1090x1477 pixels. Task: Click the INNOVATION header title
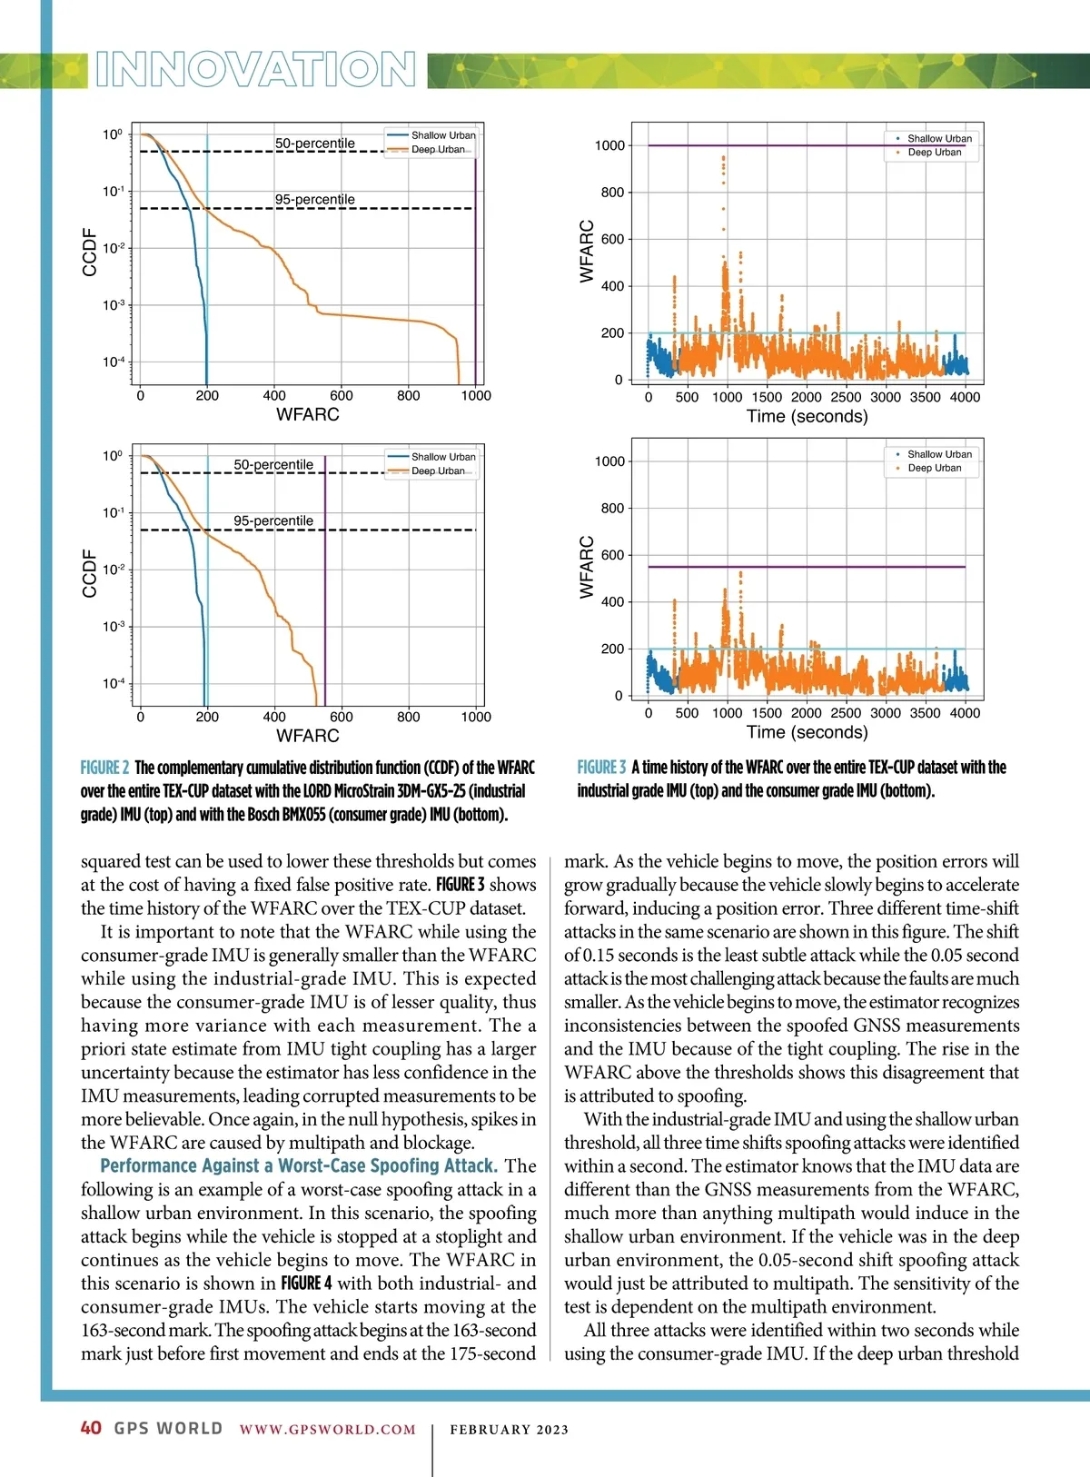tap(255, 70)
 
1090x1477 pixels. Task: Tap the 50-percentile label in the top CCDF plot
tap(314, 144)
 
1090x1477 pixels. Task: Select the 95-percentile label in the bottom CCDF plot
tap(273, 520)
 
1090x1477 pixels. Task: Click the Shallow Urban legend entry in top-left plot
tap(442, 135)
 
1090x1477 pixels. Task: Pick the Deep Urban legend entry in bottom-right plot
tap(934, 468)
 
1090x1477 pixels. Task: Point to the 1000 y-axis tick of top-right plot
tap(609, 145)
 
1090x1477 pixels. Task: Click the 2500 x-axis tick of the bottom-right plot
tap(846, 713)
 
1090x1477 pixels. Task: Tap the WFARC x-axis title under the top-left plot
tap(308, 414)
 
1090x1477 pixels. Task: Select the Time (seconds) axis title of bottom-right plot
tap(807, 732)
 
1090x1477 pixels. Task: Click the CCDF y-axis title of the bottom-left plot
tap(89, 573)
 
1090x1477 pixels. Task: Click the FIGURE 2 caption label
tap(104, 768)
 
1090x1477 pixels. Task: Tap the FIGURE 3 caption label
tap(601, 768)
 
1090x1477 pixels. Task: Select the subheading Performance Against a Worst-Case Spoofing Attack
tap(298, 1165)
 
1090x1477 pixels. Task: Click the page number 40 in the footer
tap(91, 1428)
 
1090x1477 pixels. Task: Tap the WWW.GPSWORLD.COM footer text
tap(327, 1429)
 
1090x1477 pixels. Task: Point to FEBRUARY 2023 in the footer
tap(509, 1429)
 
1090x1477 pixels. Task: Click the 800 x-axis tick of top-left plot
tap(409, 396)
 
